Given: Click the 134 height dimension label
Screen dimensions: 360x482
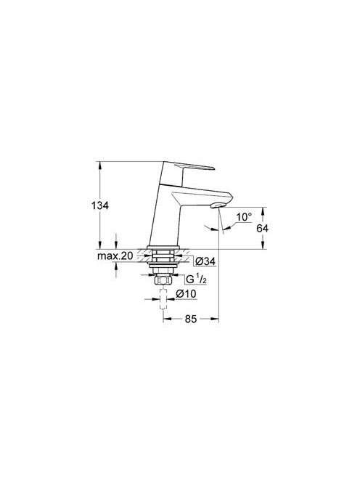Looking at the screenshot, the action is click(x=100, y=205).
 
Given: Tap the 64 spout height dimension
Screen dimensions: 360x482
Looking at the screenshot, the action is click(x=262, y=228).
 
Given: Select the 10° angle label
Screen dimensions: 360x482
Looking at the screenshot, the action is click(x=244, y=217).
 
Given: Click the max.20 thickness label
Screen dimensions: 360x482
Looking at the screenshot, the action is click(x=115, y=256).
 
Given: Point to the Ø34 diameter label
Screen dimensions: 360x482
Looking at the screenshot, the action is click(x=205, y=261).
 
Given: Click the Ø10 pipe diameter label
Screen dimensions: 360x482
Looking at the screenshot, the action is click(x=186, y=294).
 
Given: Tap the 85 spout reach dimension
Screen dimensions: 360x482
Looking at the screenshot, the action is click(x=191, y=319).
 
